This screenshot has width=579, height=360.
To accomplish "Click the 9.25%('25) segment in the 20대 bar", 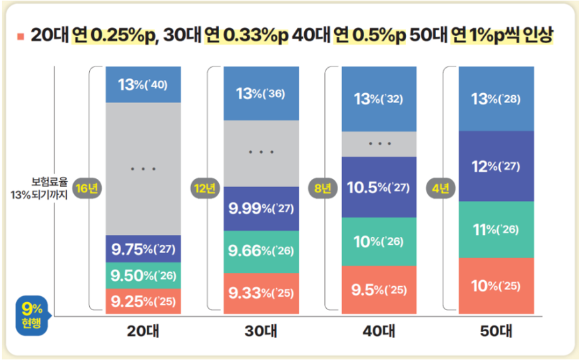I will [143, 301].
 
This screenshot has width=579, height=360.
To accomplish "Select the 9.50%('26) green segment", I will [143, 275].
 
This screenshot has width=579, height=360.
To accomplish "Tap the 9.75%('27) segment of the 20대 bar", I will [143, 249].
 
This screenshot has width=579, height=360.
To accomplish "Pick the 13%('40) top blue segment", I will [143, 85].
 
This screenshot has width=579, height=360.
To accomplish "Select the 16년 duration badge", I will [87, 188].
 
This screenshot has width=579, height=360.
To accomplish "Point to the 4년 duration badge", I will [439, 188].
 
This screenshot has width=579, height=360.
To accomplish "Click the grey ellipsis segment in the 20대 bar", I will [143, 169].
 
